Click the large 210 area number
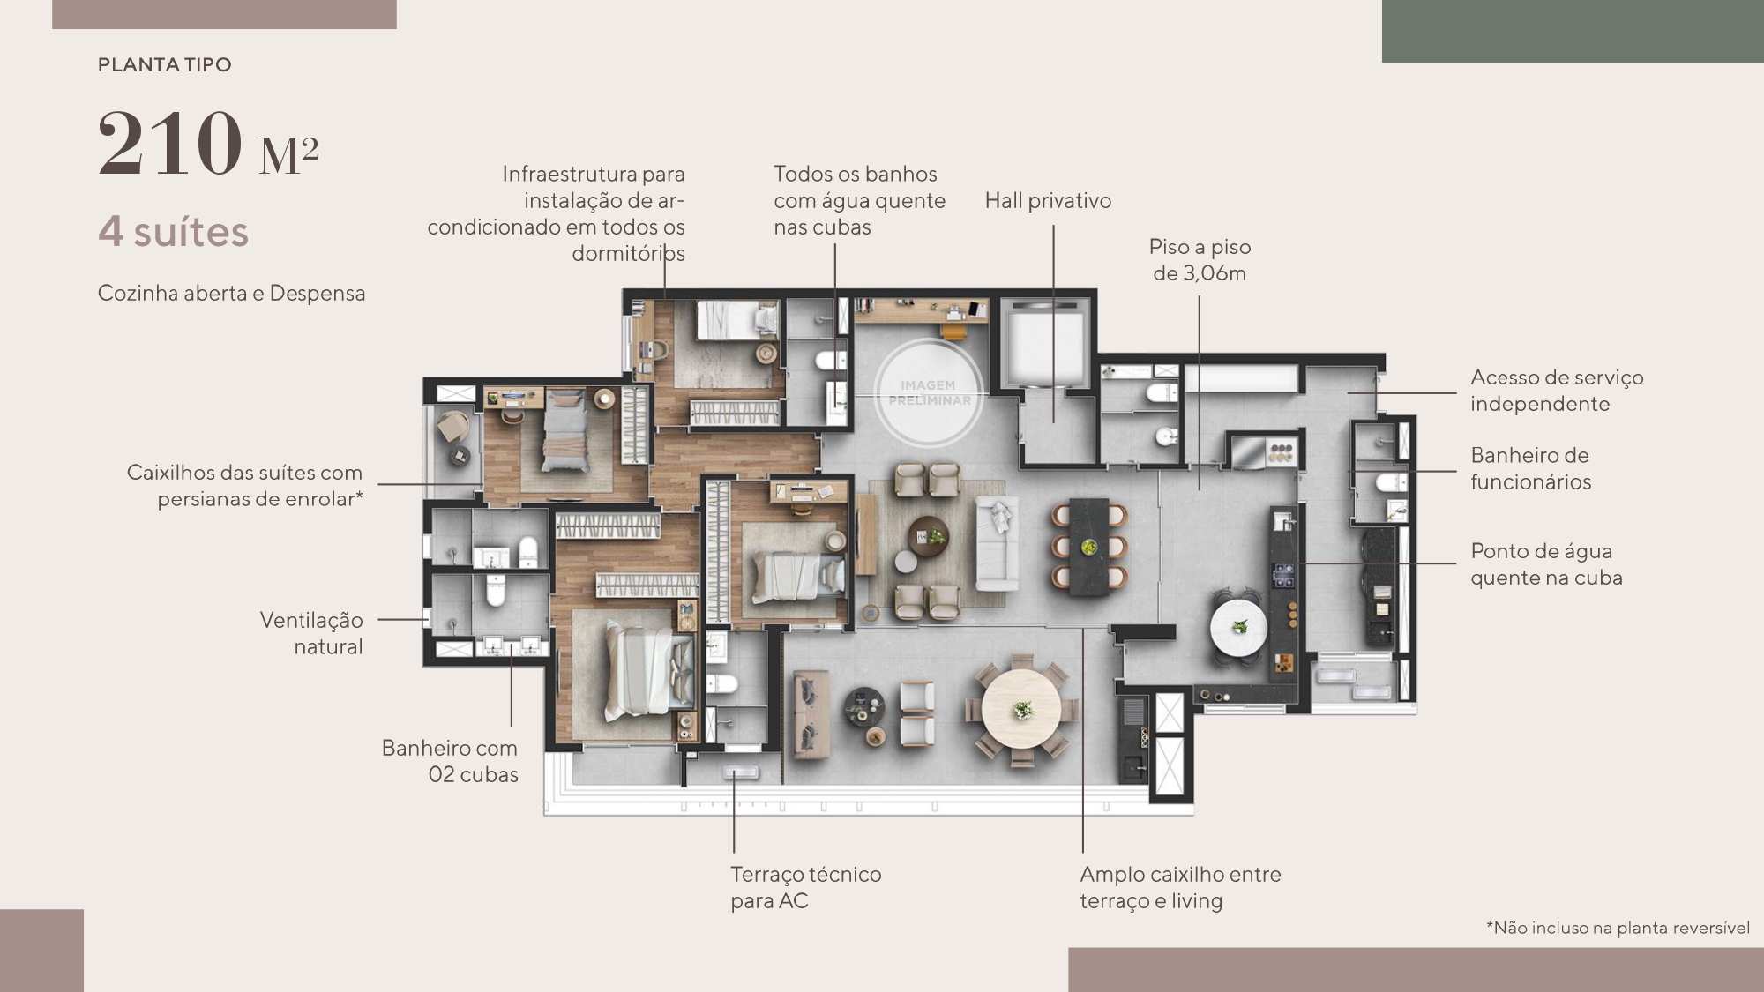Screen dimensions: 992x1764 169,144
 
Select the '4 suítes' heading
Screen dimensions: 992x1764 174,233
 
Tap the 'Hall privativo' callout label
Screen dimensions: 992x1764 1048,201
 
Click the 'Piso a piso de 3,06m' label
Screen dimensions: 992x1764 1200,260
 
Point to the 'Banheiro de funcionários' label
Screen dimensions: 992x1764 1530,468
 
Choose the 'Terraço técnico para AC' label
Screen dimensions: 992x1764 805,887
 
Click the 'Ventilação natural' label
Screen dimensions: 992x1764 311,633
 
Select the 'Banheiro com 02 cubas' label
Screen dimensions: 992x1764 450,761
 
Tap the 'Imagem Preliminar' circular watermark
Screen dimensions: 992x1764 928,392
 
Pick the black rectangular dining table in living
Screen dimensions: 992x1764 1089,547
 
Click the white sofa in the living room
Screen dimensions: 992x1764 998,543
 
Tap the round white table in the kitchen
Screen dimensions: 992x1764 1239,629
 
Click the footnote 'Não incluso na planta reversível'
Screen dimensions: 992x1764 1618,928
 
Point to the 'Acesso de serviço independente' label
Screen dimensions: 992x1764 1557,391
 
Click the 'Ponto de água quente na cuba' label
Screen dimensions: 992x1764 1546,564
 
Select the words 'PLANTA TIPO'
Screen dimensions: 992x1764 165,65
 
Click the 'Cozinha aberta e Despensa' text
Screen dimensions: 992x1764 231,294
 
